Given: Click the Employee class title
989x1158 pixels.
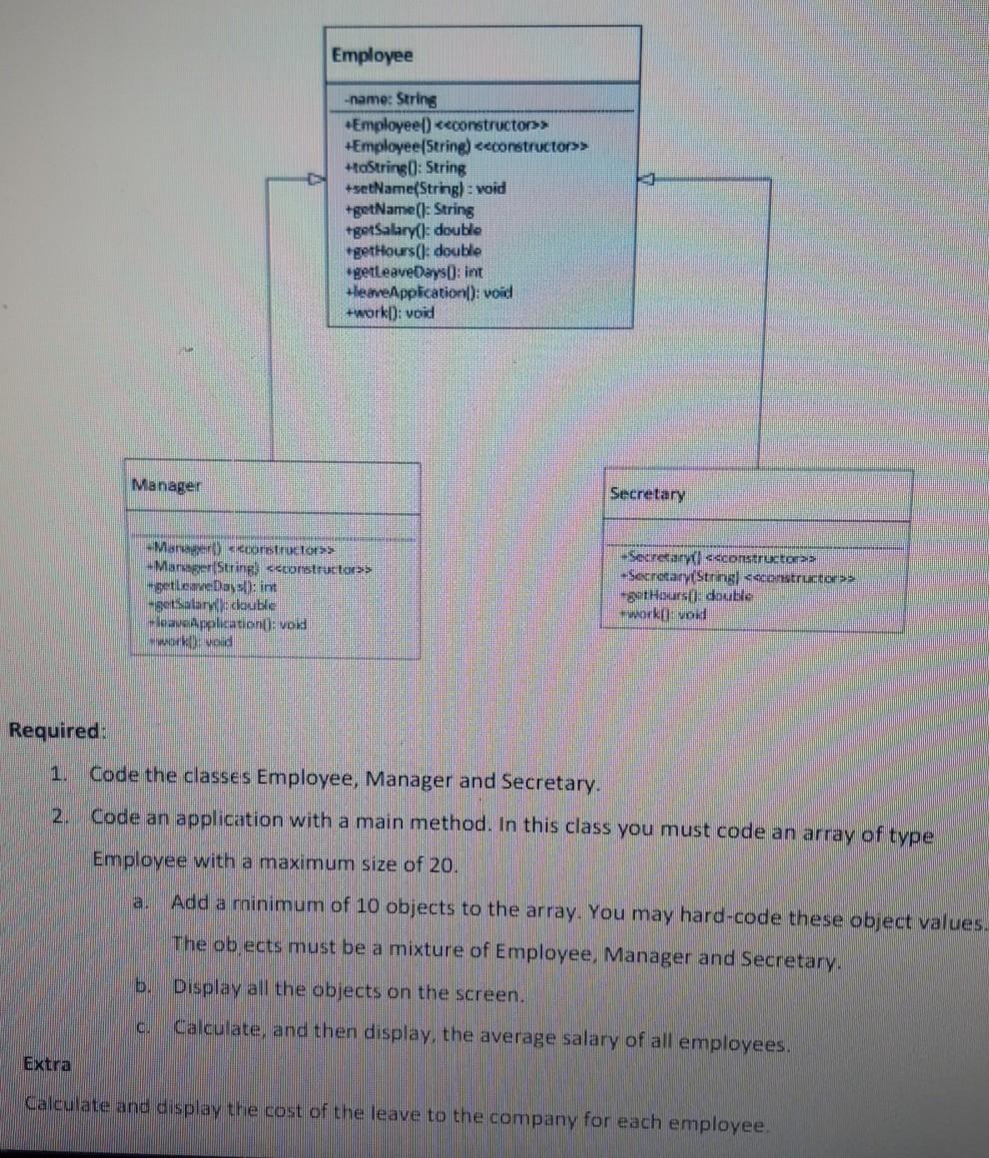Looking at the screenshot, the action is pyautogui.click(x=372, y=55).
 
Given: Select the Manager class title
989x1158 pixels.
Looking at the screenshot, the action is pyautogui.click(x=166, y=485).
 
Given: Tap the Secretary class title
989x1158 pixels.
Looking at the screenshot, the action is pyautogui.click(x=647, y=494).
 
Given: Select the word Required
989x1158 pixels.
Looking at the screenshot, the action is pyautogui.click(x=55, y=730).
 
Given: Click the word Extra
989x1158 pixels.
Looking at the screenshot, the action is pyautogui.click(x=47, y=1064).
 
